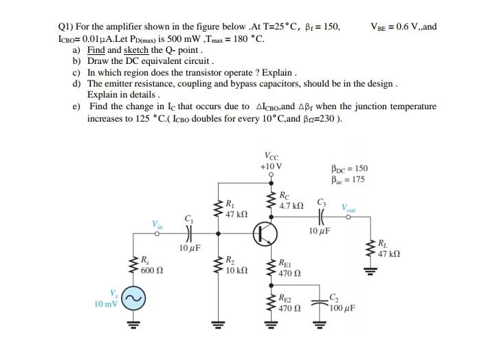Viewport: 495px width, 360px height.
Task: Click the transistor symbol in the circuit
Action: [x=264, y=236]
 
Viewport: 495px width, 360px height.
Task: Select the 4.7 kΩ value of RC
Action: [x=291, y=205]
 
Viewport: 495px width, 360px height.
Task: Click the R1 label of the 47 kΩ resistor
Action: [x=230, y=203]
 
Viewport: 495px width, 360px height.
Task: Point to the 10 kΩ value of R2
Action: [x=236, y=271]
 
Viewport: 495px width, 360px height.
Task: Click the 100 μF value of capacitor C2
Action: [x=342, y=308]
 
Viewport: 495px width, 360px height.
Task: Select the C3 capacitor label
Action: [x=321, y=201]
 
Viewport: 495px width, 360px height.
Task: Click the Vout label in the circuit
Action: [x=351, y=207]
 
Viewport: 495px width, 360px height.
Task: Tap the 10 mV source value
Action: [x=107, y=302]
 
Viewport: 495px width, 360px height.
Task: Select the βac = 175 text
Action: [x=349, y=180]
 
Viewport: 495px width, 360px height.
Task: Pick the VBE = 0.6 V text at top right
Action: [x=403, y=27]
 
